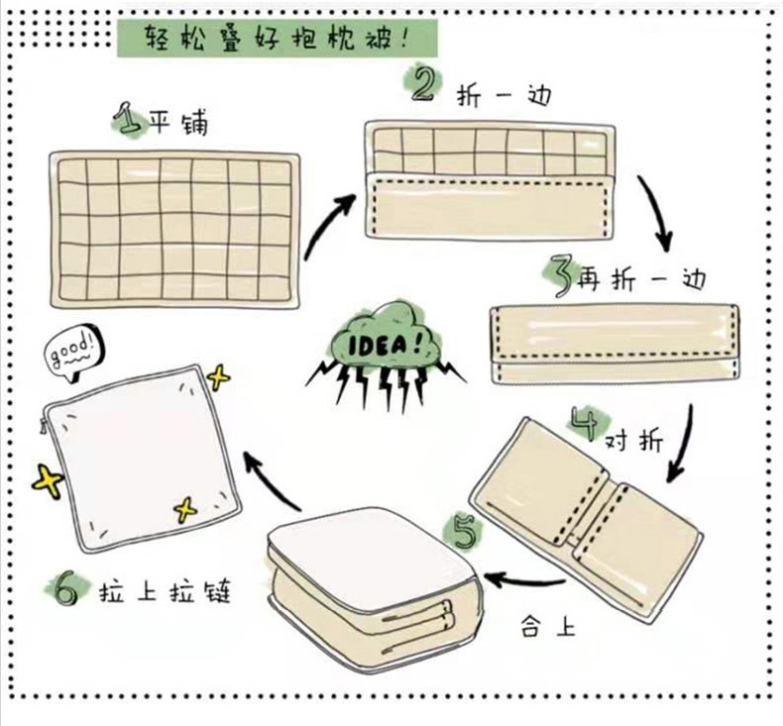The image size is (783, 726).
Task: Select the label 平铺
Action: (178, 126)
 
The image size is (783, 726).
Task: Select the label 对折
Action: (635, 440)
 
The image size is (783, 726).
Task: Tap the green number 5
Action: (465, 533)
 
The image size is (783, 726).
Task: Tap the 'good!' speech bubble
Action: (74, 350)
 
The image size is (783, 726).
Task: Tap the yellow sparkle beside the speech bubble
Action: (217, 377)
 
